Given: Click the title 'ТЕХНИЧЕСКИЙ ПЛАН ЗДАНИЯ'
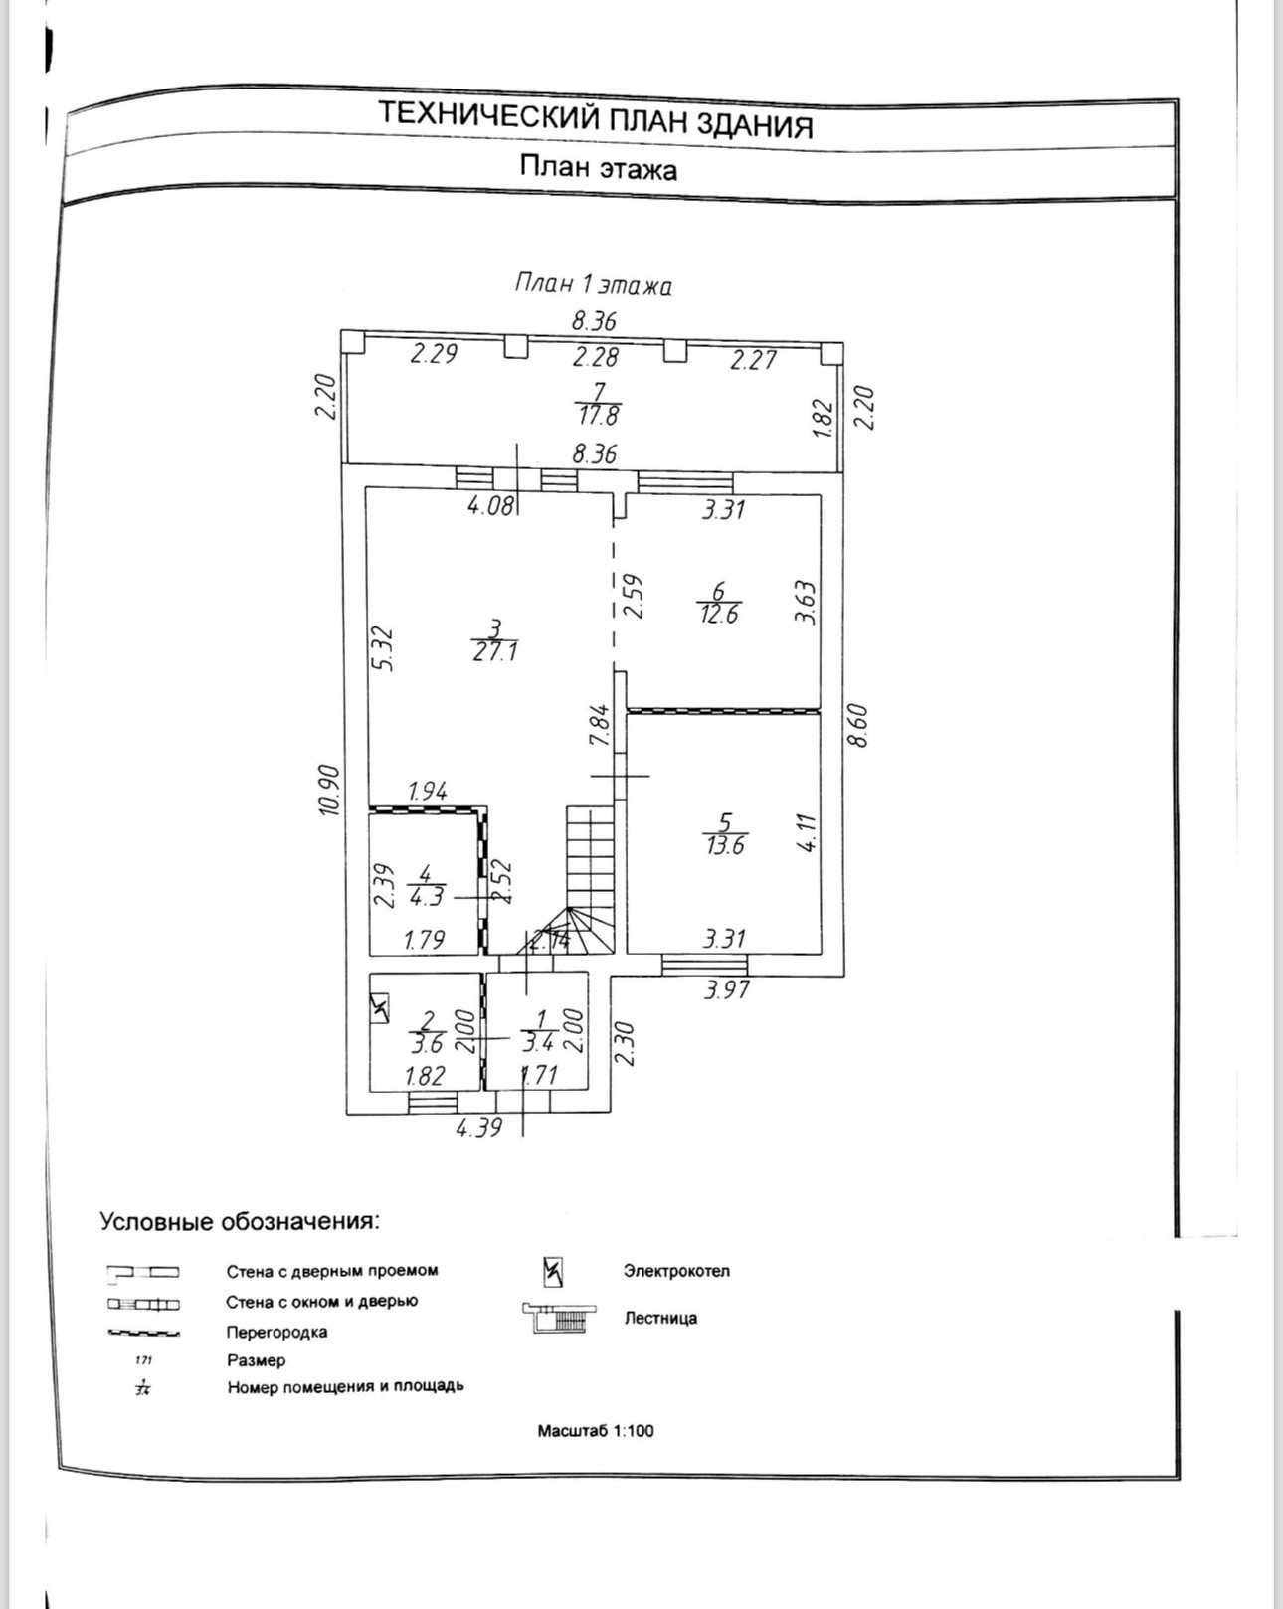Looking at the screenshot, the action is point(596,120).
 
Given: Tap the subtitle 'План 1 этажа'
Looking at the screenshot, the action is point(594,285).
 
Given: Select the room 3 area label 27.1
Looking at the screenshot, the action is point(495,652).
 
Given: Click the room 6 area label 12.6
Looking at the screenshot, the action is point(718,614).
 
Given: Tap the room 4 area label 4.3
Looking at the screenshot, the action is point(427,896).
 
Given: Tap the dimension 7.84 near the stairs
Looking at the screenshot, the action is point(599,724).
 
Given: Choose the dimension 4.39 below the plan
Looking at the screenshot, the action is point(478,1128).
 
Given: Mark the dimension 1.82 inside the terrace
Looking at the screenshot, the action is point(822,418).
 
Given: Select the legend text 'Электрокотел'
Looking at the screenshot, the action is point(676,1271).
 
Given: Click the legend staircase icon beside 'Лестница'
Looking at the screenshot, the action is point(559,1318).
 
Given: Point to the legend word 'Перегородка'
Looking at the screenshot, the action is point(276,1332).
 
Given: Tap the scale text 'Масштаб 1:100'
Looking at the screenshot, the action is point(596,1431).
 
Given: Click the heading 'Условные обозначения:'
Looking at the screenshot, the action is point(240,1221).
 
